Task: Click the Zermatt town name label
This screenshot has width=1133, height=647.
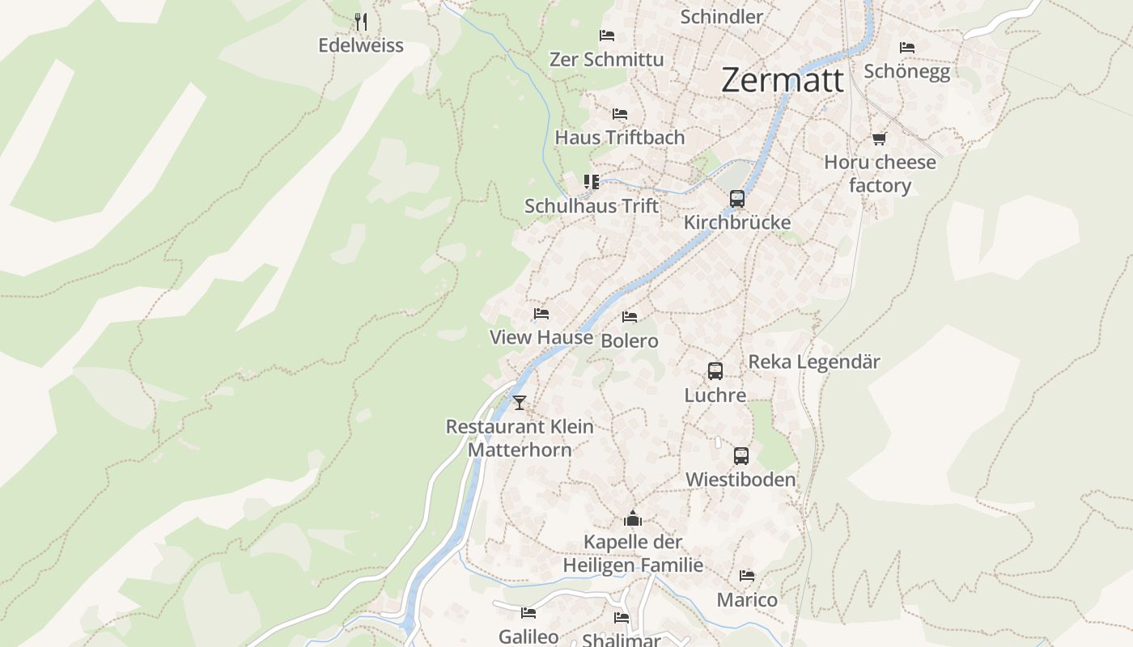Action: click(782, 80)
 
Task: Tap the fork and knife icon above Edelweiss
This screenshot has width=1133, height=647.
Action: click(362, 22)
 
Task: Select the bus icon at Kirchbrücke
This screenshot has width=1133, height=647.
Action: click(736, 198)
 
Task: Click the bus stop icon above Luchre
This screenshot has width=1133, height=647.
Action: click(715, 371)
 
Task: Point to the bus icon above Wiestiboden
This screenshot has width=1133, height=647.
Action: click(741, 455)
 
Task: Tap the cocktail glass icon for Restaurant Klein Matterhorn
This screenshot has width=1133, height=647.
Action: click(520, 402)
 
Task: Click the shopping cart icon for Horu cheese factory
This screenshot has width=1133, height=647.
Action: click(880, 138)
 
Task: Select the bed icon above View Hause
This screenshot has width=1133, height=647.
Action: click(541, 314)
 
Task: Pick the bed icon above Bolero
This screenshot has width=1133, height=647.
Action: click(630, 317)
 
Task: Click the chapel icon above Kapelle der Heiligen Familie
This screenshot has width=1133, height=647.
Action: click(633, 518)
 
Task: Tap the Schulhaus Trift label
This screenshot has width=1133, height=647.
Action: click(592, 205)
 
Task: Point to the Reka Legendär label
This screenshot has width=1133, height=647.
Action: click(813, 362)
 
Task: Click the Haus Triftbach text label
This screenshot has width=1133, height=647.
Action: click(619, 137)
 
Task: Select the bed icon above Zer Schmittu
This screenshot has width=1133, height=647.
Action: click(607, 36)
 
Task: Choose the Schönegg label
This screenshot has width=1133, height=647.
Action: click(906, 71)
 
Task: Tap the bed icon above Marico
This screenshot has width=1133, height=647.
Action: click(747, 576)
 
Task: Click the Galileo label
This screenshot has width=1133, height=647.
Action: click(528, 636)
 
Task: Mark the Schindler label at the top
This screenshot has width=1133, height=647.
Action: click(721, 17)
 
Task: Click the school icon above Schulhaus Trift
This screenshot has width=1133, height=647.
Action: click(592, 182)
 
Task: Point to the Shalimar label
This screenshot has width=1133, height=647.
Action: click(621, 640)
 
